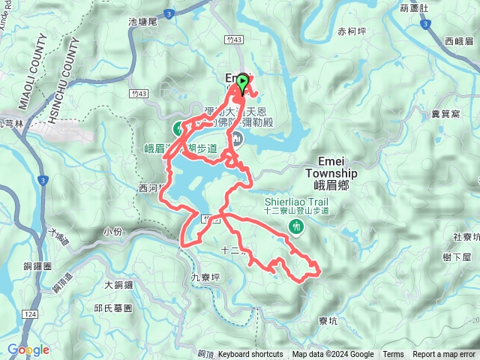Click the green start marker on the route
click(242, 82)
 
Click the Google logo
click(28, 349)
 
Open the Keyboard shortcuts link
click(250, 355)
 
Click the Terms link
click(393, 355)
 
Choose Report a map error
click(445, 355)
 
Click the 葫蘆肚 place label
click(414, 8)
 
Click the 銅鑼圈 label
click(37, 266)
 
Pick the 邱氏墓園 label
click(113, 308)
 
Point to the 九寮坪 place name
click(206, 276)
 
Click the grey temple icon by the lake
click(238, 139)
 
